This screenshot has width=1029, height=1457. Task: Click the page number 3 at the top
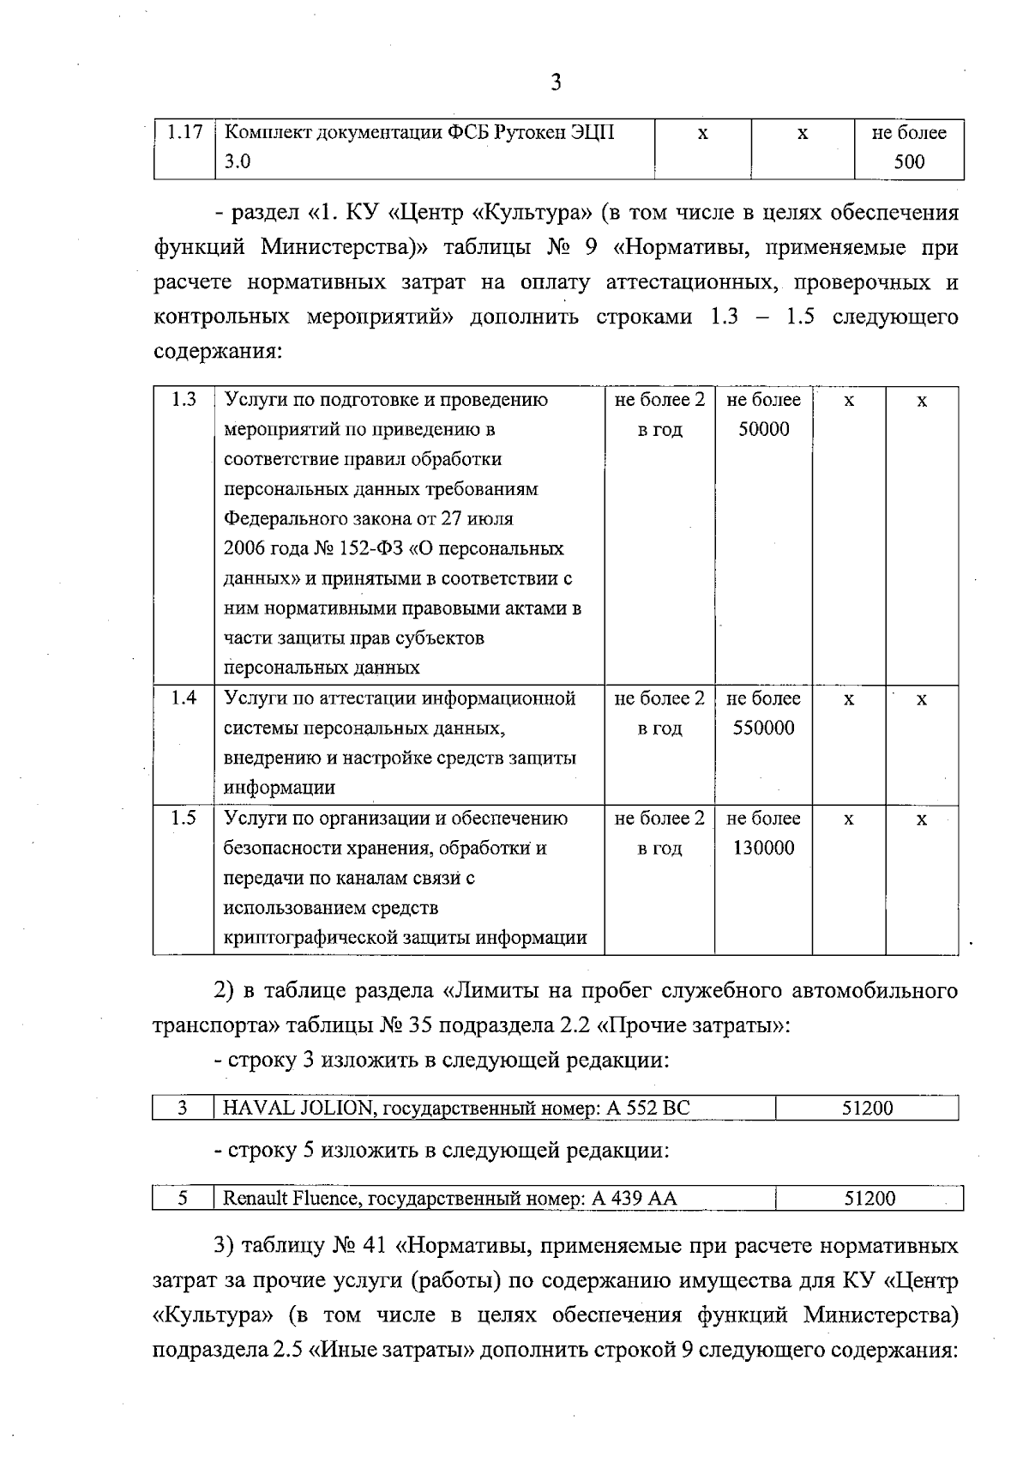click(x=556, y=82)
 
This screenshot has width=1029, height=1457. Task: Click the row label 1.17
click(x=184, y=133)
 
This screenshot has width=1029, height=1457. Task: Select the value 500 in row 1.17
click(x=909, y=162)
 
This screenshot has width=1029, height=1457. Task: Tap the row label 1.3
click(x=184, y=400)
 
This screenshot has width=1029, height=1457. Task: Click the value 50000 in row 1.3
click(x=763, y=429)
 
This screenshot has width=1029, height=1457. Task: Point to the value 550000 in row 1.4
click(x=763, y=728)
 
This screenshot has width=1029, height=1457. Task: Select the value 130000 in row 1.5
click(x=763, y=848)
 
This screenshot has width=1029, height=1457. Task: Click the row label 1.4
click(x=184, y=698)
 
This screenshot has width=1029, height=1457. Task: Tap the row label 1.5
click(x=184, y=819)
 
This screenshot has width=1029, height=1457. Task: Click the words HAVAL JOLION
click(x=297, y=1108)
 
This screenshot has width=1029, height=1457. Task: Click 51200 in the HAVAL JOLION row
click(x=867, y=1108)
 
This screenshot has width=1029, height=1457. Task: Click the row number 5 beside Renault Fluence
click(x=183, y=1199)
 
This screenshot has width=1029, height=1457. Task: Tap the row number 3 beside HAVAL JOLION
click(x=183, y=1108)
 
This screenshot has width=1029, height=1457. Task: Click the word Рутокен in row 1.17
click(x=514, y=133)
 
